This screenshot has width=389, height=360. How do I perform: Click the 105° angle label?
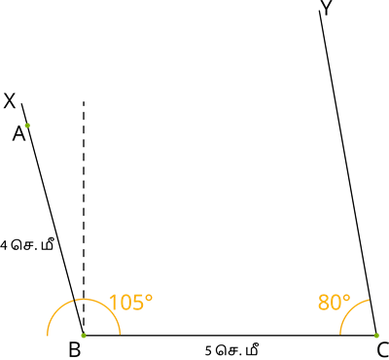tap(130, 303)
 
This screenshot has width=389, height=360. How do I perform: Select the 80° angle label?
tap(334, 303)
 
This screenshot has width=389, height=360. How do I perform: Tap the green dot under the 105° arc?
tap(84, 336)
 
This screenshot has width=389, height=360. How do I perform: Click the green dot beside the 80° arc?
tap(376, 336)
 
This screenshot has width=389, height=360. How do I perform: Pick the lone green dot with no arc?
tap(26, 126)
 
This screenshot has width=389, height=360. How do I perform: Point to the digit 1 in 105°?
tap(113, 303)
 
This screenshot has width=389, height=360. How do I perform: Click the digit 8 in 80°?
tap(324, 303)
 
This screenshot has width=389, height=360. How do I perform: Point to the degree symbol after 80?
tap(346, 297)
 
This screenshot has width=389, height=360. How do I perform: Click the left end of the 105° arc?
tap(47, 336)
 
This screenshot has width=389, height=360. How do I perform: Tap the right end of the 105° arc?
tap(121, 335)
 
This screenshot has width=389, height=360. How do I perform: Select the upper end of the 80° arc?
tap(370, 300)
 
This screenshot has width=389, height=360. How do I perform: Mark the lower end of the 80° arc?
tap(339, 335)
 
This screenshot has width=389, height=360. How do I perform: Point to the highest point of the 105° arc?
tap(84, 299)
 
